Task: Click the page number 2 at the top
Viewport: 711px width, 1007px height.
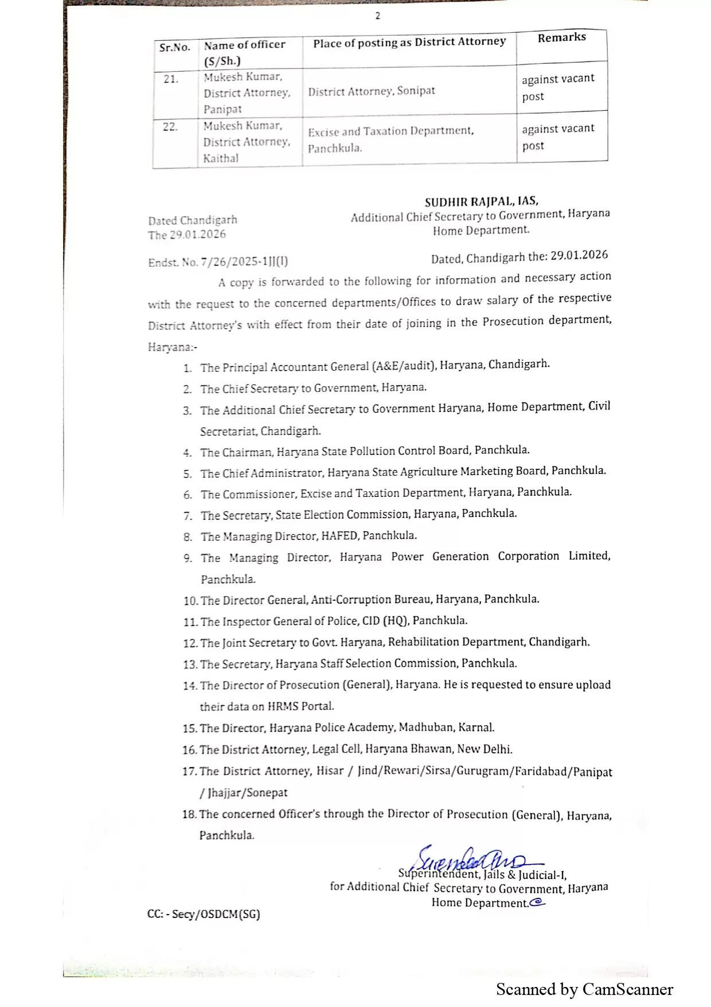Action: click(377, 16)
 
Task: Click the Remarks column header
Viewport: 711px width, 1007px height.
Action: click(561, 38)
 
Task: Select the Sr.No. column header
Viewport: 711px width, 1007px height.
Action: click(174, 48)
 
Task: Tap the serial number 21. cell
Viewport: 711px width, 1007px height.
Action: click(171, 79)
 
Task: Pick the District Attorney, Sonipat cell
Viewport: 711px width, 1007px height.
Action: click(372, 91)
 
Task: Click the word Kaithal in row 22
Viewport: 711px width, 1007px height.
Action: click(221, 158)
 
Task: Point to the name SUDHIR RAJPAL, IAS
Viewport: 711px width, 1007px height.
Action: click(481, 202)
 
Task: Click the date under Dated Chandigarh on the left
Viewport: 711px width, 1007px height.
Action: click(187, 235)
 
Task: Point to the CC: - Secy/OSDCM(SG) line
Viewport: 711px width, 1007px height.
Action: click(204, 914)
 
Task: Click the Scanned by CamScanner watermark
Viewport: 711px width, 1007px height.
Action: click(584, 989)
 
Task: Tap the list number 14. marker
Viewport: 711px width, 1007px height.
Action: click(190, 686)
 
